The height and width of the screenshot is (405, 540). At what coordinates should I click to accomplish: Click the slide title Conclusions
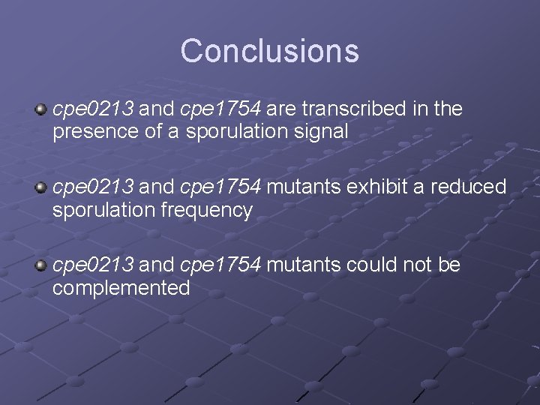tap(269, 51)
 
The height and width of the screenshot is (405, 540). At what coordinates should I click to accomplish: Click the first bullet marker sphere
tap(41, 110)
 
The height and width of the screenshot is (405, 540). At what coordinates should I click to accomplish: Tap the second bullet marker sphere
tap(41, 187)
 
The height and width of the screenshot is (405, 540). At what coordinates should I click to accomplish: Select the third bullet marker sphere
tap(41, 265)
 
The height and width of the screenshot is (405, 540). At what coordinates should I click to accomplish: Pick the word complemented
tap(121, 289)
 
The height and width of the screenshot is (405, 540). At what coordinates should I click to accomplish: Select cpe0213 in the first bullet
tap(93, 109)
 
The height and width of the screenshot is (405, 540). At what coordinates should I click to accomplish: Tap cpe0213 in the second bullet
tap(93, 186)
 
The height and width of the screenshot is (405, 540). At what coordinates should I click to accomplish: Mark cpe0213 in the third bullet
tap(93, 264)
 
